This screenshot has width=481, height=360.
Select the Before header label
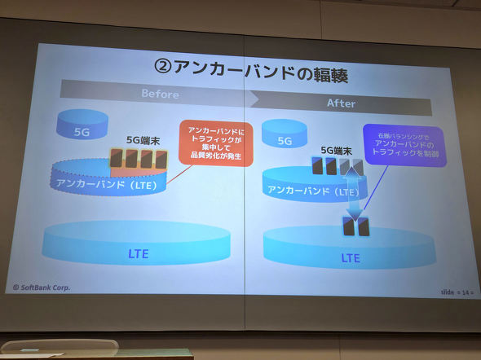(160, 94)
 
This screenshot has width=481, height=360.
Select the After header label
(341, 103)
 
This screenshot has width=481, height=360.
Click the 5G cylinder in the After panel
(285, 140)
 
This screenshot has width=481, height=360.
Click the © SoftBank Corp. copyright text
(42, 287)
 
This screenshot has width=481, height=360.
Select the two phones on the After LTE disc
(356, 226)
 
